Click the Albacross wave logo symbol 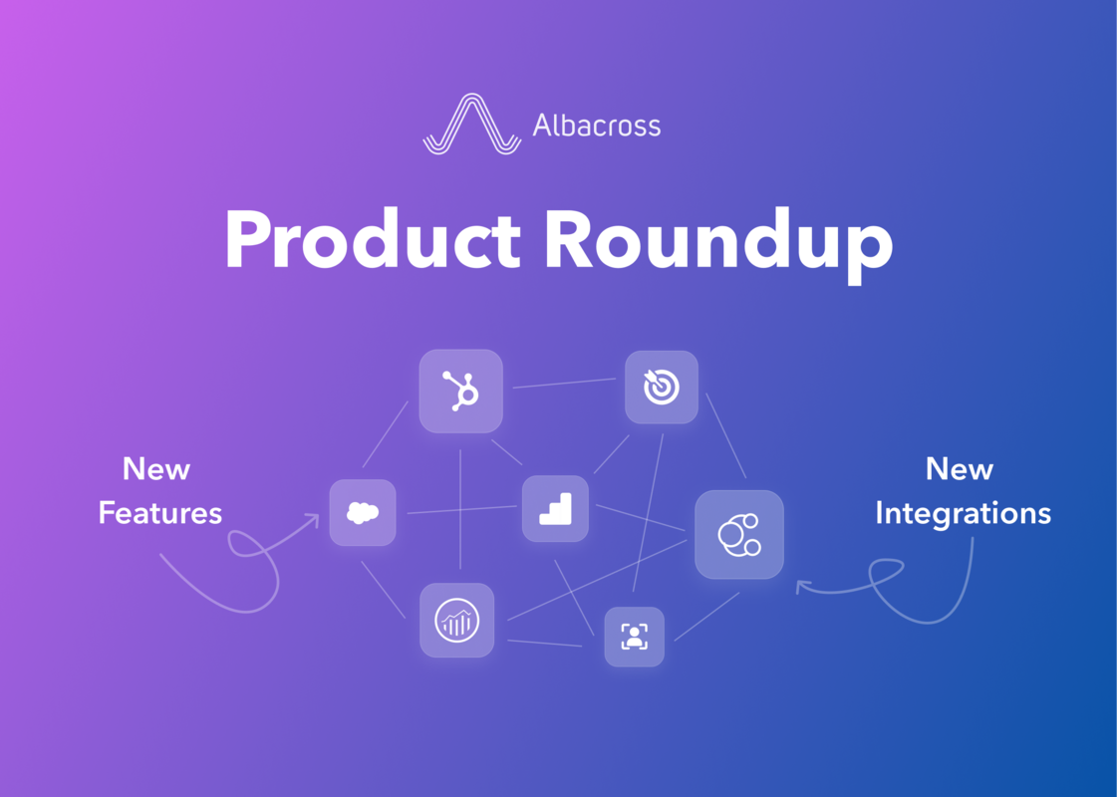(x=471, y=126)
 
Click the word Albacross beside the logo (x=596, y=126)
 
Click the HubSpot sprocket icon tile (x=460, y=391)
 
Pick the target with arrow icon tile (x=661, y=387)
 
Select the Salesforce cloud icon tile (x=363, y=512)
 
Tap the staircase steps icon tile (x=555, y=508)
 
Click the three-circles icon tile (x=738, y=534)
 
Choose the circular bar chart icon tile (x=456, y=620)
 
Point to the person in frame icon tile (x=634, y=637)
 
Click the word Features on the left (x=159, y=513)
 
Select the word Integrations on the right (x=963, y=513)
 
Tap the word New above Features (x=156, y=468)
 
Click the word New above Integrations (x=960, y=468)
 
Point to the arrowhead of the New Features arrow (x=315, y=517)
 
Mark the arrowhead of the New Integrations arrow (x=799, y=587)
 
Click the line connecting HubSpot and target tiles (x=563, y=384)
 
